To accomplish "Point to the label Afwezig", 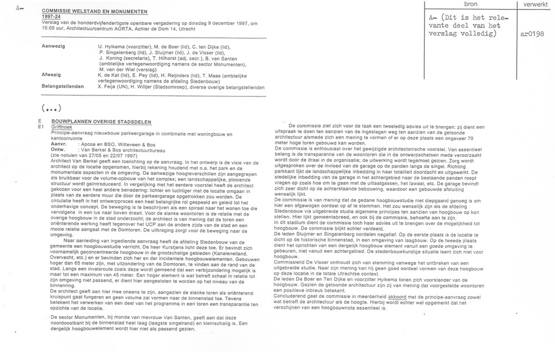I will pos(52,74).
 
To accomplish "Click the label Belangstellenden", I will pos(63,87).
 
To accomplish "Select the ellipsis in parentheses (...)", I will pos(51,107).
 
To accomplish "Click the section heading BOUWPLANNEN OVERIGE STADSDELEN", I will pos(97,121).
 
